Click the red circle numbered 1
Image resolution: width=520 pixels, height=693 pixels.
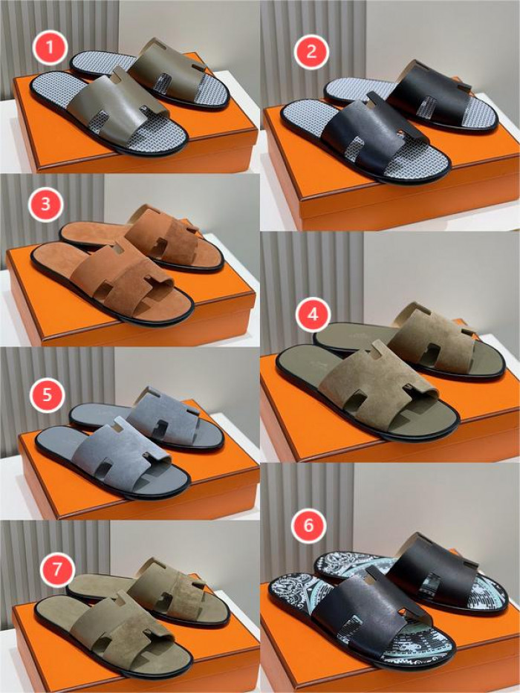(50, 48)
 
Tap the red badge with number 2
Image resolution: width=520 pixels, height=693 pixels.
(311, 51)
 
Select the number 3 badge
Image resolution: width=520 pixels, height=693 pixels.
(45, 204)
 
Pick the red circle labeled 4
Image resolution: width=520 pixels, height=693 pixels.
(313, 314)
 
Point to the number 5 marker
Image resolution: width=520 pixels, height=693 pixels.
(47, 394)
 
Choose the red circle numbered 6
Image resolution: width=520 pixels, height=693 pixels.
(308, 525)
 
